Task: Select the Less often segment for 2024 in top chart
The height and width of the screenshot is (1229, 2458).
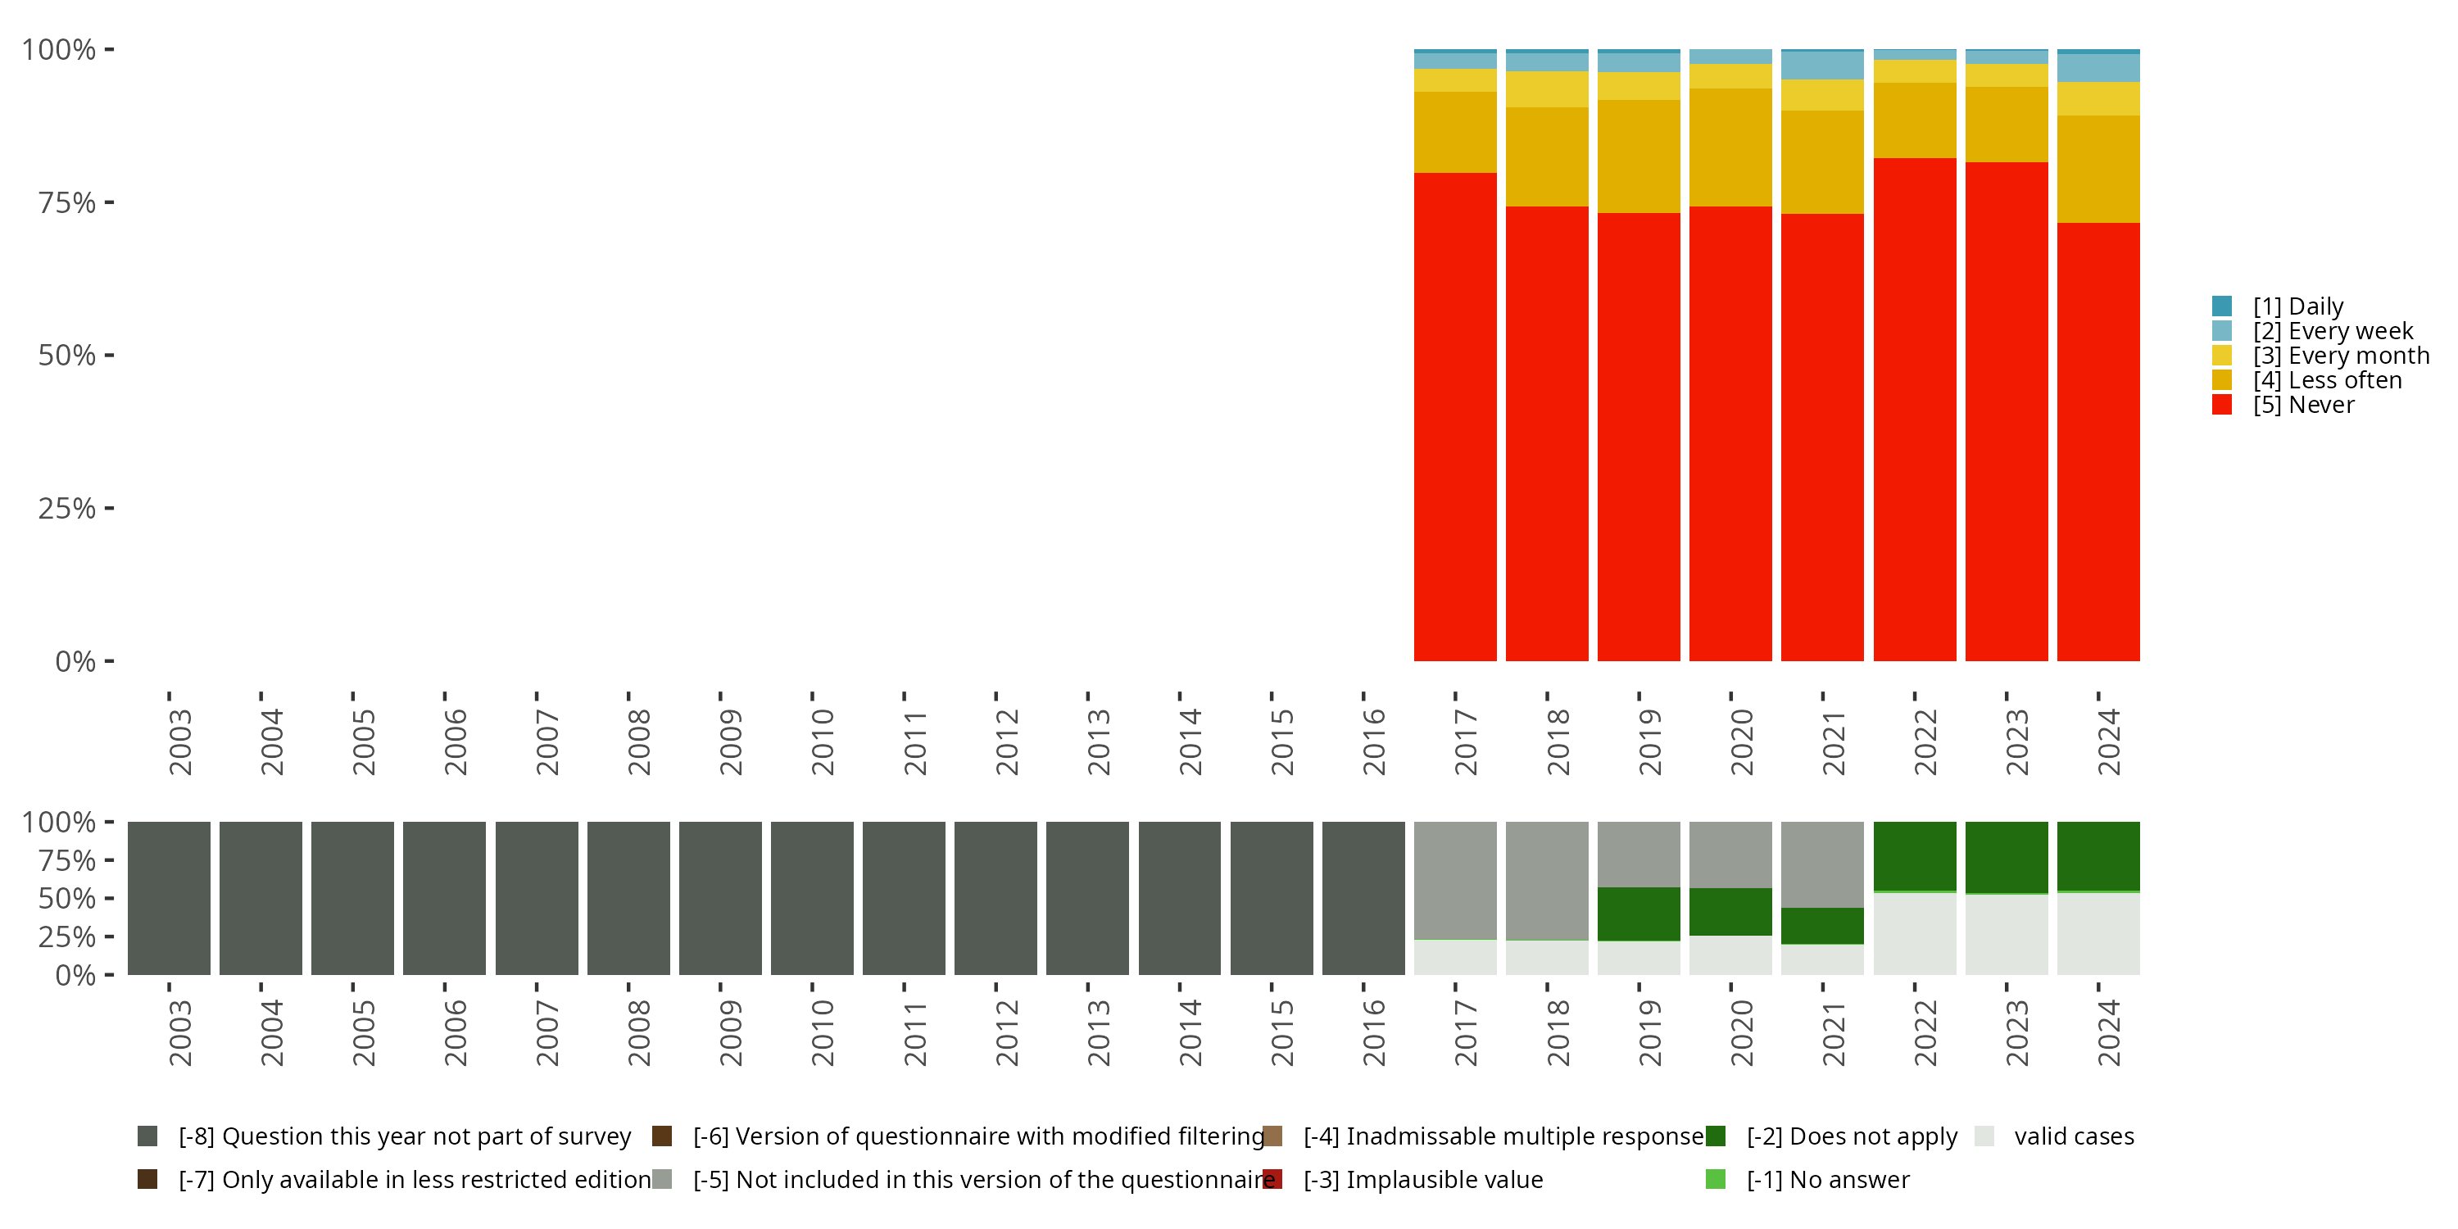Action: click(x=2097, y=169)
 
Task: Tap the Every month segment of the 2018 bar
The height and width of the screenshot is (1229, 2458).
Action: click(x=1546, y=89)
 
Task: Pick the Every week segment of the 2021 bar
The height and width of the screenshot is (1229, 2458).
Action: click(x=1821, y=66)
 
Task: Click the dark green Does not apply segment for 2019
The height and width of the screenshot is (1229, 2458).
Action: click(x=1639, y=914)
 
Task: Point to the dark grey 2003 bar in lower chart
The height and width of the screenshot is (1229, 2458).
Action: click(x=169, y=898)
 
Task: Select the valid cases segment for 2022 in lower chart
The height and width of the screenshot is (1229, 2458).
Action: click(x=1914, y=933)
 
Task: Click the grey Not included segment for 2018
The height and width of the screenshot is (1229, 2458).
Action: click(x=1546, y=880)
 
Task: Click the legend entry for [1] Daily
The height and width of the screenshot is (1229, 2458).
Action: click(x=2297, y=306)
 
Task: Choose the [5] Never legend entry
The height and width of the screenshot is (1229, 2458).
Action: click(x=2302, y=406)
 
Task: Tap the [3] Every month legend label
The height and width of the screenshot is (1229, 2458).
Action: click(x=2341, y=356)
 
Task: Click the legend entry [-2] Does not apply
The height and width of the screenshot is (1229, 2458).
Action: click(x=1851, y=1136)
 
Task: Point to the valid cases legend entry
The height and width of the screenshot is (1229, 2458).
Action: click(x=2074, y=1136)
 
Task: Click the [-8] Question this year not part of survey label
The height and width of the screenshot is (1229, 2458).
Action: click(x=404, y=1136)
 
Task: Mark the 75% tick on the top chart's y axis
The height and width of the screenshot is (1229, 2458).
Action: click(x=67, y=202)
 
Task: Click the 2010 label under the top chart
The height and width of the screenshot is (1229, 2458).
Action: click(x=822, y=741)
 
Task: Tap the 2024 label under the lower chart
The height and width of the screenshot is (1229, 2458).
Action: click(x=2108, y=1032)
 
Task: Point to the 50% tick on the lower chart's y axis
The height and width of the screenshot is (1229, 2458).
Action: click(x=67, y=899)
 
